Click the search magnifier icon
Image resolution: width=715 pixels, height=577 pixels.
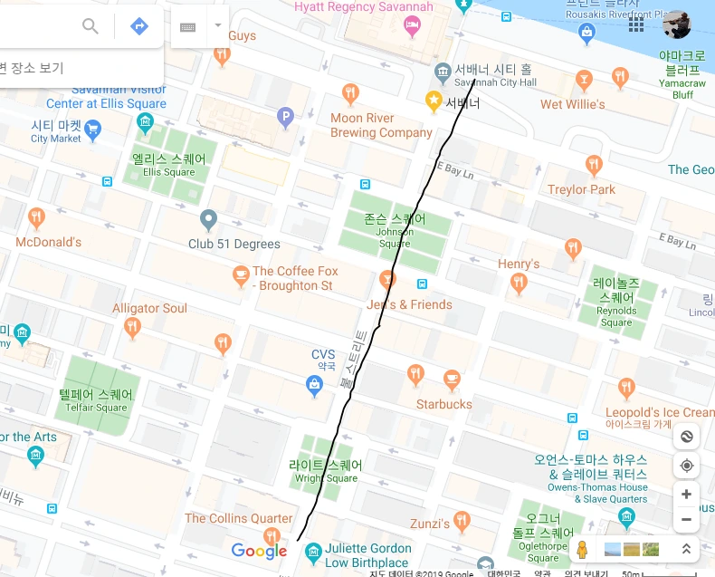(x=91, y=25)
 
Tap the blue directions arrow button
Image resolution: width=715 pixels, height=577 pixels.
(x=139, y=25)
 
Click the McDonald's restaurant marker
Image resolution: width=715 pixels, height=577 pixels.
(x=36, y=218)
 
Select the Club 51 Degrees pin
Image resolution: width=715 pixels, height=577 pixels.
(x=209, y=219)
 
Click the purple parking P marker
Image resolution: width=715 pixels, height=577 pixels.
(x=285, y=116)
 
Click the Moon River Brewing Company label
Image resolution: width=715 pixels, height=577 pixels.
(x=381, y=125)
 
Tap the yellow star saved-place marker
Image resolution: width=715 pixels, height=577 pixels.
(x=434, y=99)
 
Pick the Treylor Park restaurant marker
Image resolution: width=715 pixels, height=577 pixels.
(x=594, y=165)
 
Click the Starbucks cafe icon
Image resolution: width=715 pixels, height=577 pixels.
(x=452, y=379)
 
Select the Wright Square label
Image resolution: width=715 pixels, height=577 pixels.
(x=327, y=471)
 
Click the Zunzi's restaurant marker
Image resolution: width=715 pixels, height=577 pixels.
(x=462, y=522)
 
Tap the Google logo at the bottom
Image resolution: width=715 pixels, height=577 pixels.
(x=259, y=551)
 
